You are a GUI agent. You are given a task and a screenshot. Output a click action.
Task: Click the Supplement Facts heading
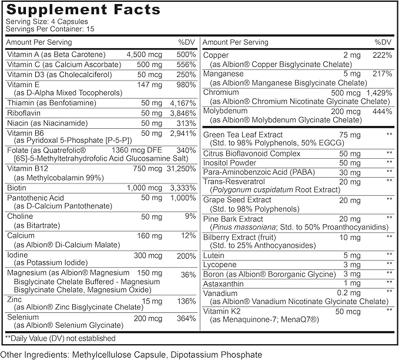(82, 10)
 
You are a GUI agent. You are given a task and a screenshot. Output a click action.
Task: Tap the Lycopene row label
(221, 264)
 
